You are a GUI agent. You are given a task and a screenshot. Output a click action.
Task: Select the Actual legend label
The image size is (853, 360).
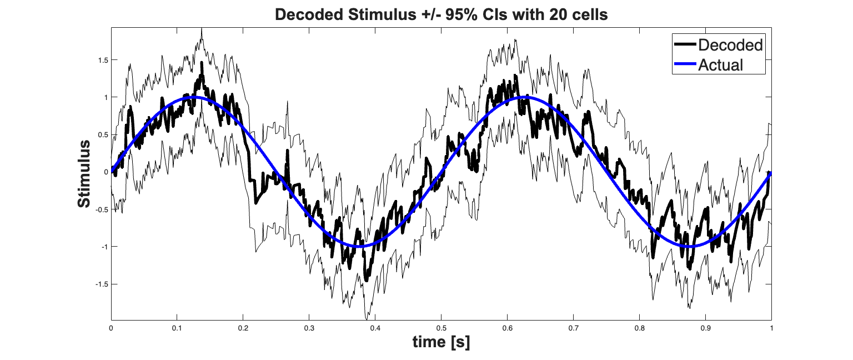(720, 64)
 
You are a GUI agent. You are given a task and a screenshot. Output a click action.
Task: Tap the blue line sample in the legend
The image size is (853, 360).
(684, 64)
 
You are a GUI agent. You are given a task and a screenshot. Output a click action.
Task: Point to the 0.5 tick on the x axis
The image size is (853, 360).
(441, 328)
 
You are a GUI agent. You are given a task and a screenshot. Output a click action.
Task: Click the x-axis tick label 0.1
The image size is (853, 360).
(177, 328)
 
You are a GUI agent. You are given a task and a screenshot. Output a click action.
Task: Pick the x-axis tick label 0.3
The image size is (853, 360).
(309, 328)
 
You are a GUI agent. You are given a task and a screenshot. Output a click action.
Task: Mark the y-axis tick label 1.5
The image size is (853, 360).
(101, 60)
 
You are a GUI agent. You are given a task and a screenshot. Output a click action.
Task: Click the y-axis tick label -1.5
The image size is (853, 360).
(100, 284)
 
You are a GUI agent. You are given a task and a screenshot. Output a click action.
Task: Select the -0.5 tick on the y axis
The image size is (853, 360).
(100, 209)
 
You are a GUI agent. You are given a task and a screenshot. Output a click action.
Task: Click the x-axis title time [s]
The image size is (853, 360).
(441, 343)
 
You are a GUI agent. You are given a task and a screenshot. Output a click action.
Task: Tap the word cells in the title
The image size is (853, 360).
(588, 16)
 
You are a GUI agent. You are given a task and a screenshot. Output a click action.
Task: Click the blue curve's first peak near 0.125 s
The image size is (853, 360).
(193, 97)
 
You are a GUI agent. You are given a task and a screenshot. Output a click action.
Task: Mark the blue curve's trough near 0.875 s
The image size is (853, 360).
(689, 246)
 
